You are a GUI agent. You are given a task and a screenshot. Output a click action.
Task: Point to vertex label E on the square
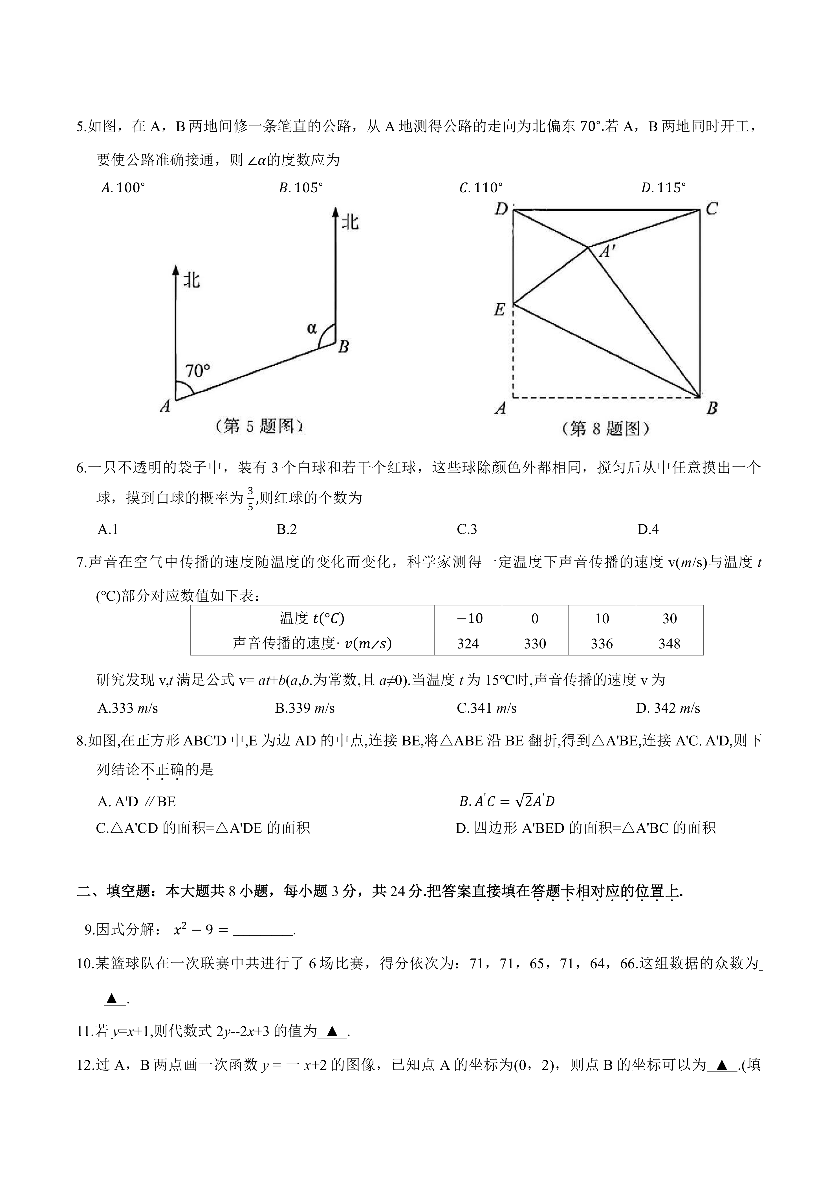tap(499, 310)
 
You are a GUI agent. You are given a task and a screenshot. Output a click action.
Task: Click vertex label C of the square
tap(712, 209)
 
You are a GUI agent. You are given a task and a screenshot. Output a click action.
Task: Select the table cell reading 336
tap(602, 644)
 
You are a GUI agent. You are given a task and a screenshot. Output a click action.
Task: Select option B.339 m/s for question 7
tap(305, 708)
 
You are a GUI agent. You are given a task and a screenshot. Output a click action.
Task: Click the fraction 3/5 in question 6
tap(250, 498)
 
